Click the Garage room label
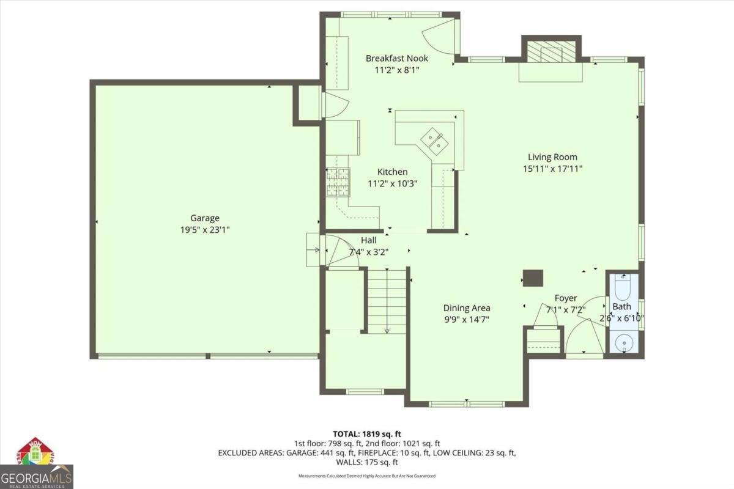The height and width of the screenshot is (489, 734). click(x=204, y=218)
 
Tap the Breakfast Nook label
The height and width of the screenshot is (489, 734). click(x=397, y=59)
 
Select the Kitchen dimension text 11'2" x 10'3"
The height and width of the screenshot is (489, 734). click(x=392, y=183)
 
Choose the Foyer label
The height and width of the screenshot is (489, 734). click(x=565, y=298)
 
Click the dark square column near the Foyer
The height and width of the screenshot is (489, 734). click(x=533, y=278)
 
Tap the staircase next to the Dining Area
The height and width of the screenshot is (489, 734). click(x=387, y=300)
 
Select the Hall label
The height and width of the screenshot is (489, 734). click(x=368, y=240)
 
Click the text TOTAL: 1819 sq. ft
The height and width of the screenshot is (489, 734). click(x=367, y=433)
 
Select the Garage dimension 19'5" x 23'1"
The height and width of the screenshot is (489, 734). click(x=204, y=230)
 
